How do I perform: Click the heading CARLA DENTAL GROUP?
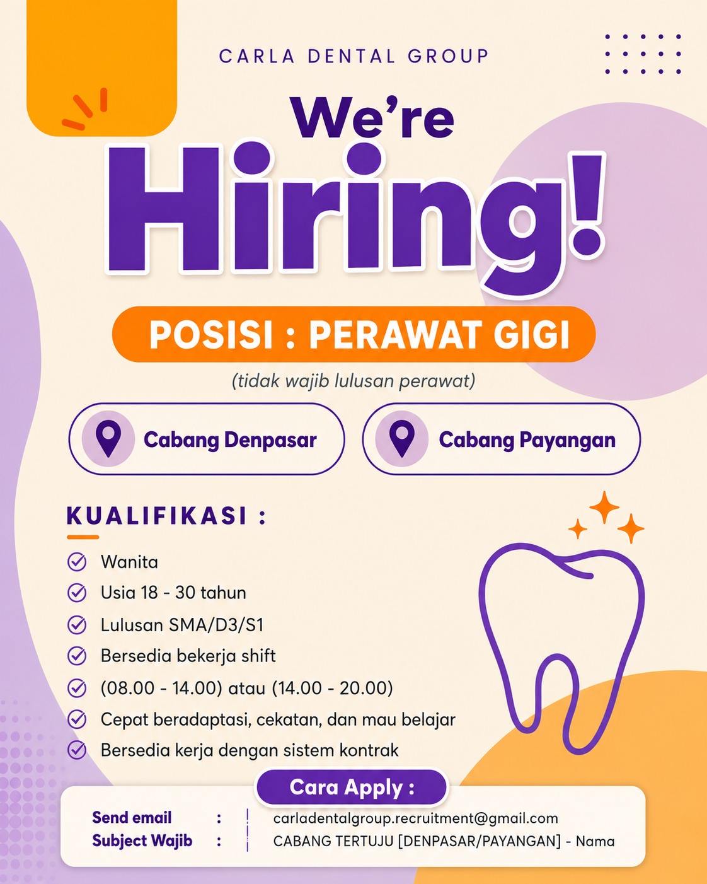tap(353, 56)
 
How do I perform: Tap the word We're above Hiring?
tap(373, 117)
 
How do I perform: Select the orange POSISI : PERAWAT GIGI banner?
tap(353, 334)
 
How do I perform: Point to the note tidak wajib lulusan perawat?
tap(353, 381)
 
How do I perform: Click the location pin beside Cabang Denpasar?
tap(108, 438)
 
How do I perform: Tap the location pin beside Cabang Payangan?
tap(401, 438)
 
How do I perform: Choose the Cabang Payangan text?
tap(527, 440)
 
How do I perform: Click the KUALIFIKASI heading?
tap(166, 516)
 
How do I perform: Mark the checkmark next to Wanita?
tap(77, 562)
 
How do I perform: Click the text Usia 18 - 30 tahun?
tap(173, 593)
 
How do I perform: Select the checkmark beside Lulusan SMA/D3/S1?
tap(77, 625)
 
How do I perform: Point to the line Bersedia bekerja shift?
tap(188, 656)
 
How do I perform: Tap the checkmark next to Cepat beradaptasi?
tap(77, 719)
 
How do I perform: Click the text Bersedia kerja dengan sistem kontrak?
tap(250, 750)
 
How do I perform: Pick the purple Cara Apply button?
tap(352, 788)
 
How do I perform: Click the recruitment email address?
tap(415, 818)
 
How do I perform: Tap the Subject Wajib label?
tap(142, 840)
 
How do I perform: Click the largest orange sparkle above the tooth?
tap(604, 508)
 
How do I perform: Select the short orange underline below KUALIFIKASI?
tap(83, 537)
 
